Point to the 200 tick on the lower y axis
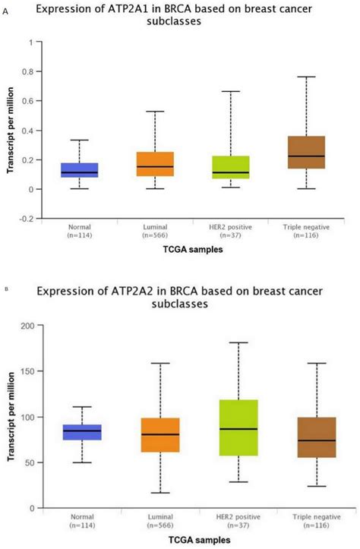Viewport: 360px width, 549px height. point(29,326)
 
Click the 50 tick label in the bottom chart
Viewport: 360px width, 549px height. point(31,462)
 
